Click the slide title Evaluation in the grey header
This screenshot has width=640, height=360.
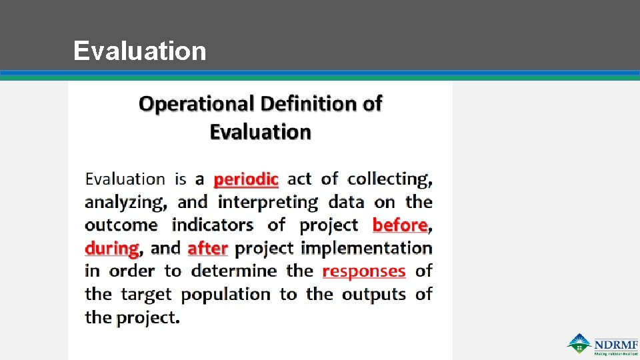[x=140, y=51]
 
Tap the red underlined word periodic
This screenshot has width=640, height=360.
[x=246, y=179]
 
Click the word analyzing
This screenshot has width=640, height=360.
[x=125, y=202]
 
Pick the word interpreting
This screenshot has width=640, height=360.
[x=269, y=202]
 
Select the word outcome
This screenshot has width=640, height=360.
[x=121, y=225]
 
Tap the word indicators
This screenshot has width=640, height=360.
[x=213, y=225]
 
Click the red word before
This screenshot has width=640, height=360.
[x=400, y=225]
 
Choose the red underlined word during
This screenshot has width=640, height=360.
[x=111, y=248]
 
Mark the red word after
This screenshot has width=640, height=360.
[x=208, y=248]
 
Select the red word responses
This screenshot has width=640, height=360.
[x=364, y=271]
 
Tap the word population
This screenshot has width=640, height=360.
[x=226, y=294]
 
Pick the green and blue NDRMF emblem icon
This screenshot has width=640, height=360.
[x=579, y=344]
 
